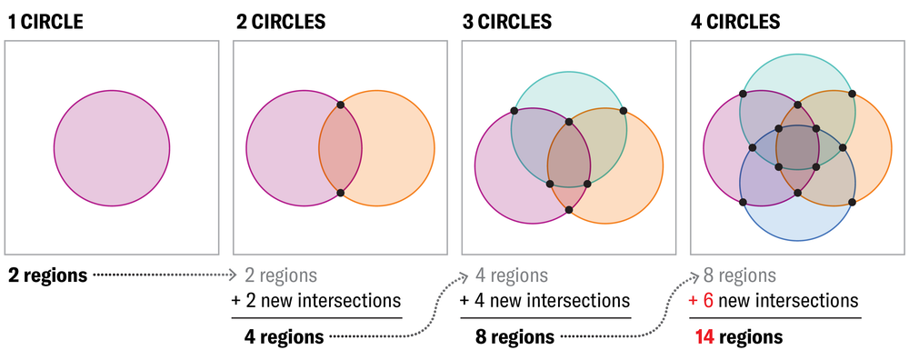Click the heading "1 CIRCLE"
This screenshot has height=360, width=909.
[x=45, y=21]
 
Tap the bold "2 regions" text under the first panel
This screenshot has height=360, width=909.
[x=48, y=275]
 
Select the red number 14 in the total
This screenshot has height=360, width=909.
[x=704, y=336]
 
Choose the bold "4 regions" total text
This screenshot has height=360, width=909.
[x=284, y=336]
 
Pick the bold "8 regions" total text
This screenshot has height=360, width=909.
[x=514, y=336]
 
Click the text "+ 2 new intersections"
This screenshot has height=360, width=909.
[x=315, y=300]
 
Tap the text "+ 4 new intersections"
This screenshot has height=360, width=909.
[x=544, y=300]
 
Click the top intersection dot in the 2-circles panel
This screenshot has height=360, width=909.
[x=341, y=105]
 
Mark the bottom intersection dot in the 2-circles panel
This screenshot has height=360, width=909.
[x=341, y=193]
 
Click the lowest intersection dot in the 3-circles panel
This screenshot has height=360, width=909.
[x=569, y=210]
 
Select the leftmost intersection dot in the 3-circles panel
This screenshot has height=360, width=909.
[x=514, y=111]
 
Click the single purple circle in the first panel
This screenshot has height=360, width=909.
[x=112, y=148]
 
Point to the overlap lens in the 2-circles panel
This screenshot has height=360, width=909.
[x=341, y=149]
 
